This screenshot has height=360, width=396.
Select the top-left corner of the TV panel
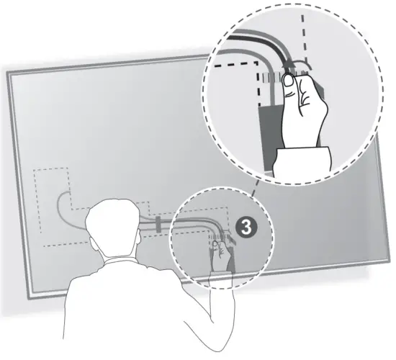9,71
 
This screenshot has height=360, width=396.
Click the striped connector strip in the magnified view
272,75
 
